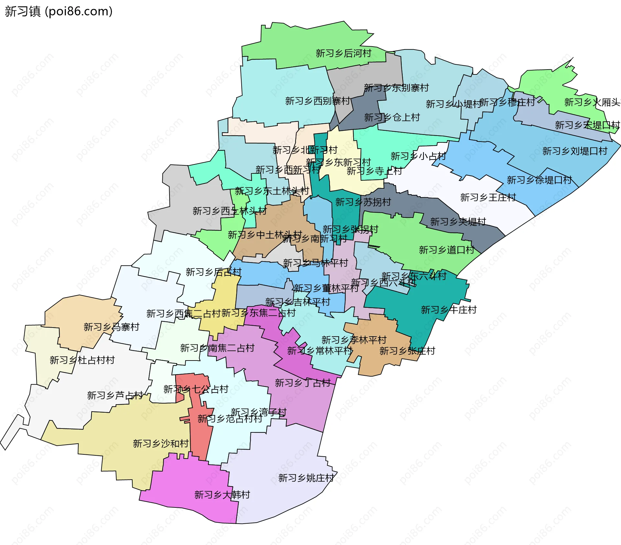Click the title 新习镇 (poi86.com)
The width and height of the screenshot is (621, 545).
(x=59, y=11)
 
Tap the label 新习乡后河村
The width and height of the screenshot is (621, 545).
(x=343, y=53)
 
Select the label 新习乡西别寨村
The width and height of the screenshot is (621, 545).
(x=317, y=101)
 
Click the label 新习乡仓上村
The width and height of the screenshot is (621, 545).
(x=392, y=117)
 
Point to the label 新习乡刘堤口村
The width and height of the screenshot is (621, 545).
(x=574, y=151)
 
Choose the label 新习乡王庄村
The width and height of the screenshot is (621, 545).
(x=488, y=197)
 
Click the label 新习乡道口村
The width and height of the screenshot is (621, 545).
(x=446, y=250)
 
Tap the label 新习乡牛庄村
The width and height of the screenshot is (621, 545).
(x=449, y=310)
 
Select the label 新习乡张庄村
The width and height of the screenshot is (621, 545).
(x=407, y=351)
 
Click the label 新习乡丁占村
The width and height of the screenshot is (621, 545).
(x=302, y=383)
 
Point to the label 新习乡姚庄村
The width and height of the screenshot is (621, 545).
(x=306, y=478)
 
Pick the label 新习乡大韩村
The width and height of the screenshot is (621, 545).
(x=222, y=495)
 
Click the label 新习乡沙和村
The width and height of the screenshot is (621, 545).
(x=160, y=444)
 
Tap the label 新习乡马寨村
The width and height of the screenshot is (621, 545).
(x=111, y=327)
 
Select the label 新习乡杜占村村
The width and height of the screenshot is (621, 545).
(x=82, y=360)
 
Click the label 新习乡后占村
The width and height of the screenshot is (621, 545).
(x=213, y=272)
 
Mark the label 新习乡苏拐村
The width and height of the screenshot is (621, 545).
(x=363, y=202)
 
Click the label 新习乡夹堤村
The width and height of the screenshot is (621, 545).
(x=458, y=222)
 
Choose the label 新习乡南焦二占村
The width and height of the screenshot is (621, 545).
(x=217, y=348)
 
